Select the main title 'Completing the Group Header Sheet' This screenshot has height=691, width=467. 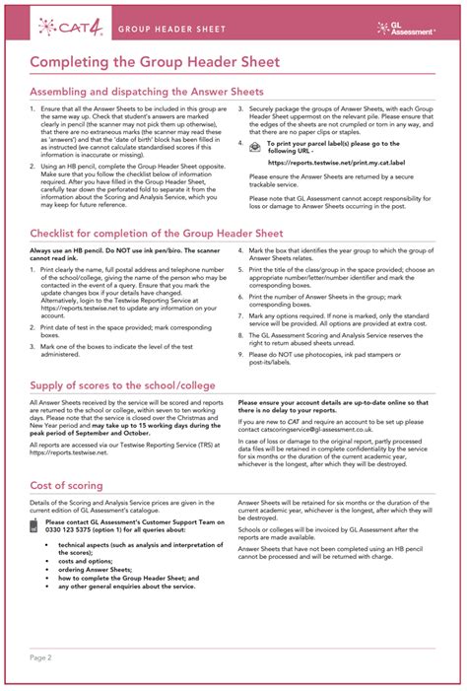(155, 62)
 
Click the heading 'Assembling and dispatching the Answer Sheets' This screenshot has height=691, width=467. (146, 92)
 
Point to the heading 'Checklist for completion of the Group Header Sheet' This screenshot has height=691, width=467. (156, 233)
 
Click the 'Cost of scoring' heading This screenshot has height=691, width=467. (68, 486)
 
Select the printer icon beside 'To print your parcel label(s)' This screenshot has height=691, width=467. (255, 146)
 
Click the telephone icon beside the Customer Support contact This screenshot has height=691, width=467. (36, 524)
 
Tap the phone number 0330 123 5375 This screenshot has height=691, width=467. (75, 530)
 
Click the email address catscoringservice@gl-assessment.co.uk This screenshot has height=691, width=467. (319, 431)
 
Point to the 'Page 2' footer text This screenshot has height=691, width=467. (40, 656)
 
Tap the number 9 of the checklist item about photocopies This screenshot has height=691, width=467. (240, 352)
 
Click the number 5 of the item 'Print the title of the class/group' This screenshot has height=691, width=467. (240, 268)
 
